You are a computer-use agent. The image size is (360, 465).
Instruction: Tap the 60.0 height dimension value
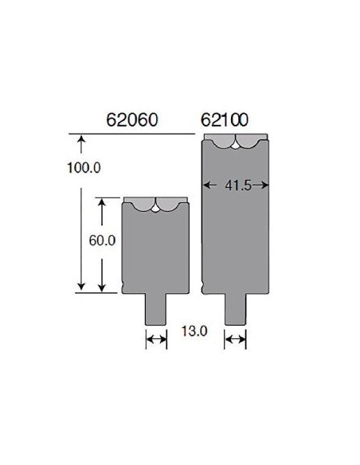pyautogui.click(x=103, y=240)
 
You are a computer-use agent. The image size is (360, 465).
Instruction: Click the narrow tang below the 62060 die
pyautogui.click(x=155, y=308)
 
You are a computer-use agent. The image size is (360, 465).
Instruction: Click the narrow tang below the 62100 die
pyautogui.click(x=236, y=308)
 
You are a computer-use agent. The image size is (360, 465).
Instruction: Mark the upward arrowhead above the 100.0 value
pyautogui.click(x=80, y=143)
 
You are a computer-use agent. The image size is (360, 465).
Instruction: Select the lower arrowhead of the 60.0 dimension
pyautogui.click(x=103, y=287)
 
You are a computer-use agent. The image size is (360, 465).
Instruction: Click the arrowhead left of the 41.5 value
pyautogui.click(x=209, y=185)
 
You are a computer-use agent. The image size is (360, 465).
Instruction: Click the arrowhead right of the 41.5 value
pyautogui.click(x=264, y=185)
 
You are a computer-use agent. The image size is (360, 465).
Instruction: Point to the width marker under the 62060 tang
pyautogui.click(x=155, y=340)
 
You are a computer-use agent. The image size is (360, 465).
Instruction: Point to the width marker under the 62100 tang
pyautogui.click(x=236, y=340)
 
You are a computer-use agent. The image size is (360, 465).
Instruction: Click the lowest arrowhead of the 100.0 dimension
pyautogui.click(x=80, y=287)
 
